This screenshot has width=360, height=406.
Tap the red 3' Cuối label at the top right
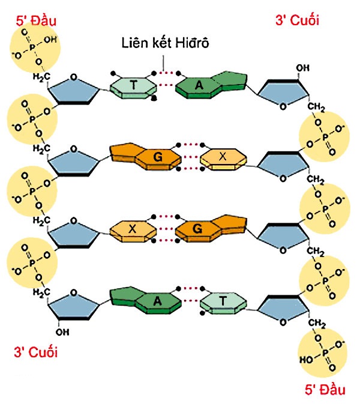[x=296, y=20]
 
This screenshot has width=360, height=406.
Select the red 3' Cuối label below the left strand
[x=36, y=352]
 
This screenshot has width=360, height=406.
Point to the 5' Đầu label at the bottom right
[x=324, y=390]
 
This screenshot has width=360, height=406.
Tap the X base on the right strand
[x=223, y=157]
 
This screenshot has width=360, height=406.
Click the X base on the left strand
[x=133, y=228]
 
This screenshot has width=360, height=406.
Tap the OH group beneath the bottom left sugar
[x=62, y=331]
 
